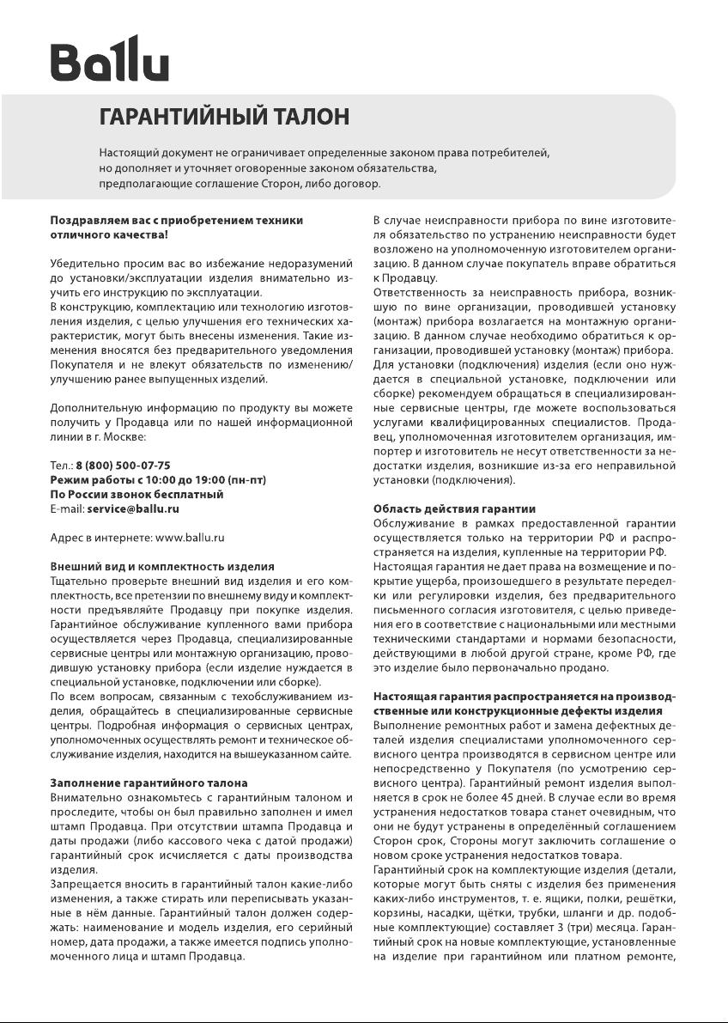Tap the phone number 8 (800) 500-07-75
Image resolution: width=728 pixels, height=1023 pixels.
pos(123,465)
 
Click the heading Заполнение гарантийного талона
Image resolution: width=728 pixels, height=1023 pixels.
pos(149,783)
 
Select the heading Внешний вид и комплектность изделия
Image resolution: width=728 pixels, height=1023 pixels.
pos(162,567)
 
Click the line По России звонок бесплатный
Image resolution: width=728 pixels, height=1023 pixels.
pos(136,494)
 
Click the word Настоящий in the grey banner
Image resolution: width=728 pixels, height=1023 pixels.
pos(127,152)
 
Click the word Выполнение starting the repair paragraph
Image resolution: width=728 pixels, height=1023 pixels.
pos(406,727)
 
